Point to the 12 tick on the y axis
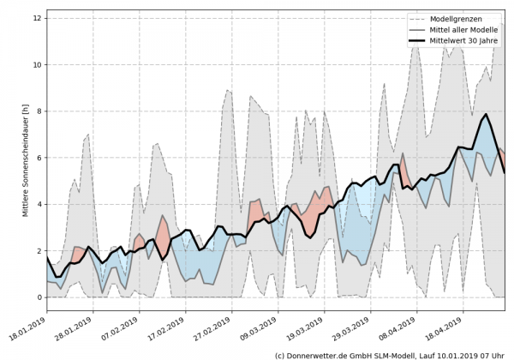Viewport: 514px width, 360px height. [x=37, y=18]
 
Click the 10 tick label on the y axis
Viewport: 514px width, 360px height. [x=37, y=64]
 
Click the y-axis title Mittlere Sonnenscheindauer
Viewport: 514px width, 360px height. [x=27, y=159]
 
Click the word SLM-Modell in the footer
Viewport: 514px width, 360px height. [x=398, y=354]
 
